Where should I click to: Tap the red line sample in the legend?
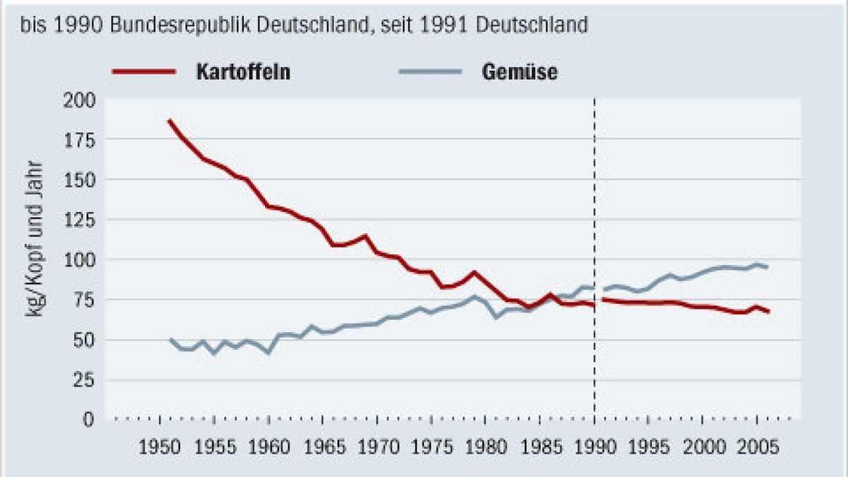143,72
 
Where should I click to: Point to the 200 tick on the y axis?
80,100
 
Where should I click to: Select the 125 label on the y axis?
80,220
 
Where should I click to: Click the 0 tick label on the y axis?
88,420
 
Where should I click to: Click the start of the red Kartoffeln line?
169,121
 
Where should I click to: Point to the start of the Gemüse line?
170,339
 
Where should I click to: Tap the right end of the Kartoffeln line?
768,312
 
